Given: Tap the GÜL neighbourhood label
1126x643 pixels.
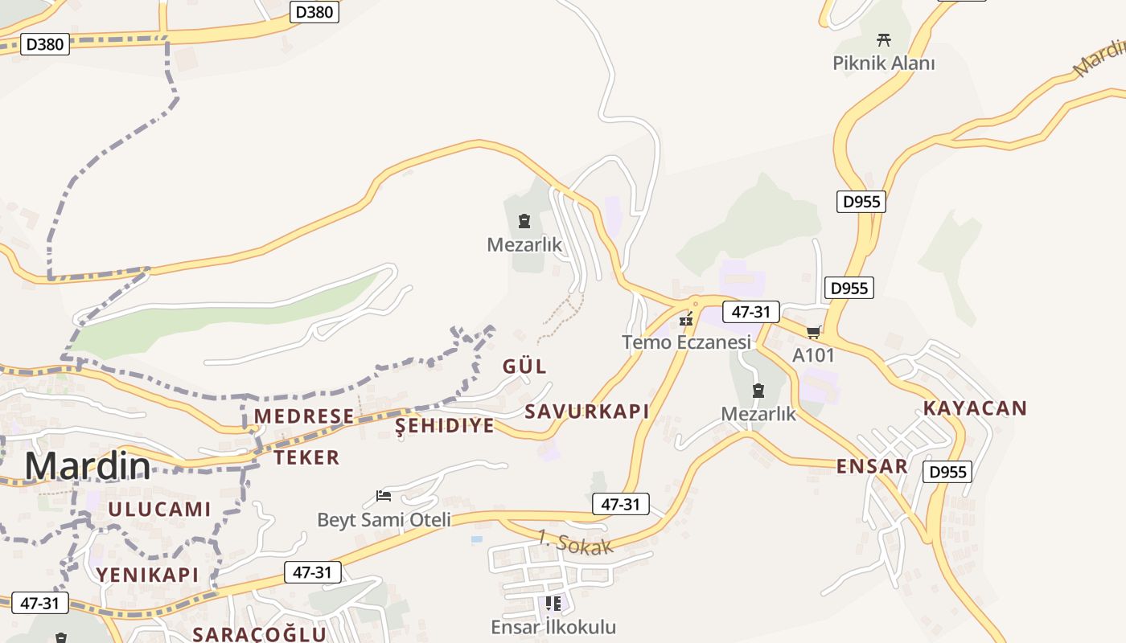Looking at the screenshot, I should pyautogui.click(x=524, y=367).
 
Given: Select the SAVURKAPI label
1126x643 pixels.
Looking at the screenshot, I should pyautogui.click(x=586, y=412).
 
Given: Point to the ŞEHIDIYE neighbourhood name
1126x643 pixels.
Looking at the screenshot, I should pyautogui.click(x=444, y=426).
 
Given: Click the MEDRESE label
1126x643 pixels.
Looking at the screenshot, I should pyautogui.click(x=304, y=416).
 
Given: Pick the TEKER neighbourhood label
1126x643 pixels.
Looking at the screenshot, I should pyautogui.click(x=306, y=457).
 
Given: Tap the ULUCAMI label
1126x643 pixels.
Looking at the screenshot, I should pyautogui.click(x=159, y=509).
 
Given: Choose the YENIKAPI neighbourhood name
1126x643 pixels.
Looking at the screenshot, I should pyautogui.click(x=147, y=574).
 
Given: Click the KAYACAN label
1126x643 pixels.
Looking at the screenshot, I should pyautogui.click(x=975, y=408).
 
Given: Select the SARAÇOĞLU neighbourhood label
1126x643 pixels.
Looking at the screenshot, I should pyautogui.click(x=259, y=633).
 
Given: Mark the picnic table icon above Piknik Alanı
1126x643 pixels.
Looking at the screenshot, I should pyautogui.click(x=884, y=39).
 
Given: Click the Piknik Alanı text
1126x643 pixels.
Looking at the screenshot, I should pyautogui.click(x=884, y=63).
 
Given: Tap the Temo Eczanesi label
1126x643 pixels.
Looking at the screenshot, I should pyautogui.click(x=686, y=342).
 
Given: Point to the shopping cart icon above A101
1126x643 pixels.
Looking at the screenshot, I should pyautogui.click(x=813, y=332).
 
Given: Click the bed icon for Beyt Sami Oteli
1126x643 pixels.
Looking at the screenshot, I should pyautogui.click(x=384, y=496).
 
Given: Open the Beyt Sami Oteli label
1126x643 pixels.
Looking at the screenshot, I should pyautogui.click(x=384, y=519).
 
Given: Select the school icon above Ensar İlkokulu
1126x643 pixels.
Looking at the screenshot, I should pyautogui.click(x=553, y=603).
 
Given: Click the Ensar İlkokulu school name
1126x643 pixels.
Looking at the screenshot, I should pyautogui.click(x=553, y=627).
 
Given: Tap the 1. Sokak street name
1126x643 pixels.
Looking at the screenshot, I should pyautogui.click(x=575, y=542).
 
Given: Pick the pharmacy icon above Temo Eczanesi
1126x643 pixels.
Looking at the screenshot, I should pyautogui.click(x=686, y=320).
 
